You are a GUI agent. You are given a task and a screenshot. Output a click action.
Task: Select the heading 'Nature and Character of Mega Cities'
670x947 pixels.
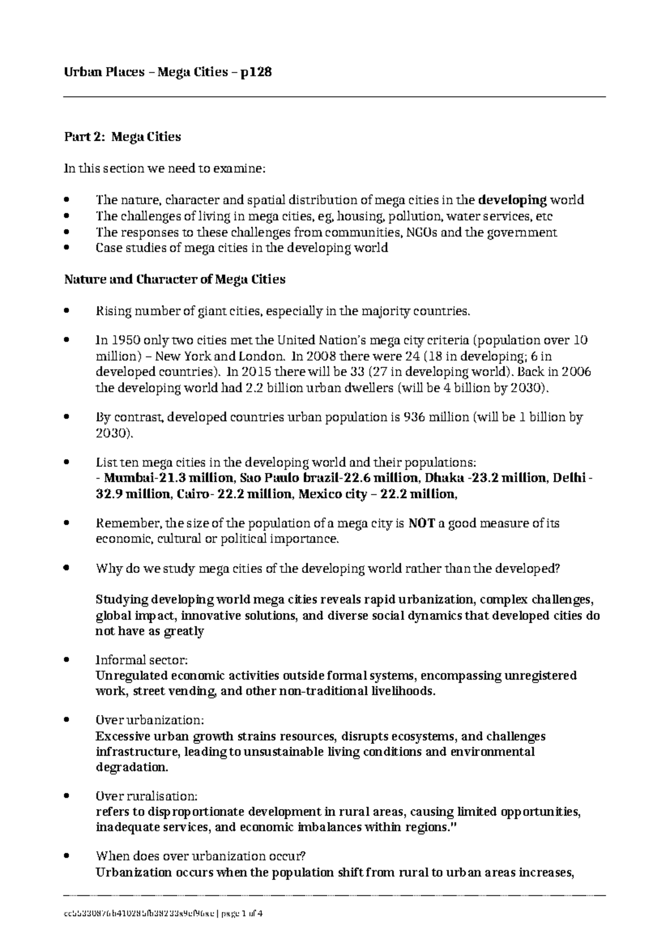coord(175,280)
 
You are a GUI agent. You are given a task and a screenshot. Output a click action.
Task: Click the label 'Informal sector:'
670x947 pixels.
coord(142,660)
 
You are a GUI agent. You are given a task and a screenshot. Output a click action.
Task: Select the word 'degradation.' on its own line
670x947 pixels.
coord(131,767)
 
